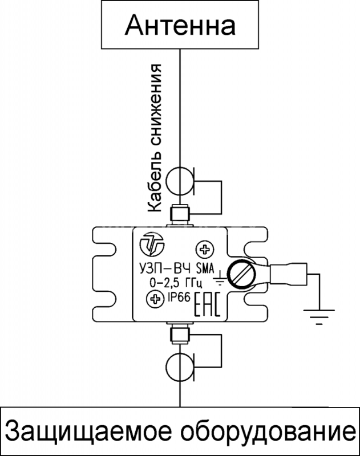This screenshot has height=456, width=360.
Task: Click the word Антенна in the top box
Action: [x=180, y=25]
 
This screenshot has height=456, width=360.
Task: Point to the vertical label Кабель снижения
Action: [x=155, y=139]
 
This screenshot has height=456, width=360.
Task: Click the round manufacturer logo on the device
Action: [x=152, y=245]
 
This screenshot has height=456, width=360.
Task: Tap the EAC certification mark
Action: [x=208, y=304]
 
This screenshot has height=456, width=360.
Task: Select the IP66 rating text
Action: [x=179, y=297]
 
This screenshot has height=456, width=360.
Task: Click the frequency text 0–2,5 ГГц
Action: [x=176, y=282]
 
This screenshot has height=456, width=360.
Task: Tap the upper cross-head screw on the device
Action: [x=205, y=249]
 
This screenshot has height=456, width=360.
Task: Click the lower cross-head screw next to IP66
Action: [x=155, y=298]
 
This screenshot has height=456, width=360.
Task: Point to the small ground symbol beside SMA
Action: [x=220, y=278]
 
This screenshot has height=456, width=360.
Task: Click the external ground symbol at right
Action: [x=319, y=317]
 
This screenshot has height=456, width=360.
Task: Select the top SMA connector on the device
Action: [x=180, y=216]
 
